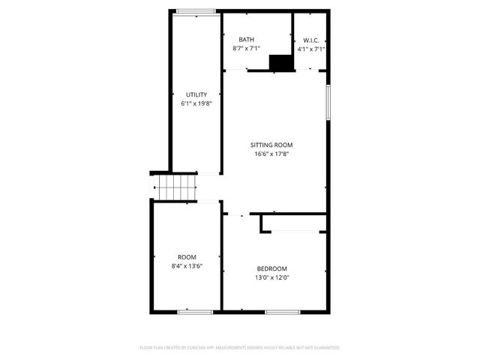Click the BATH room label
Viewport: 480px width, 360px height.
pyautogui.click(x=247, y=40)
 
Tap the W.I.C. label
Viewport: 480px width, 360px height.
pyautogui.click(x=311, y=40)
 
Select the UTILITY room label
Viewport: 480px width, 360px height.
pyautogui.click(x=196, y=94)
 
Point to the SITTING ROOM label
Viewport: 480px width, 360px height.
pyautogui.click(x=271, y=145)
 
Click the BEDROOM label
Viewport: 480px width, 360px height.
pyautogui.click(x=272, y=268)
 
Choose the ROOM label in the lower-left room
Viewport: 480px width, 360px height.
pyautogui.click(x=187, y=256)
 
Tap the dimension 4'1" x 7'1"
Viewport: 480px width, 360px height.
pyautogui.click(x=311, y=49)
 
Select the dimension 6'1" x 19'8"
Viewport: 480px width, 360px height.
pyautogui.click(x=196, y=103)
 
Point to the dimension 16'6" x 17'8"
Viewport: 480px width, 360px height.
pyautogui.click(x=271, y=154)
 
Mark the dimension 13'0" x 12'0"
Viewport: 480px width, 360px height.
pyautogui.click(x=272, y=277)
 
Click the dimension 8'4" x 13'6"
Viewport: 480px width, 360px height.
pyautogui.click(x=187, y=265)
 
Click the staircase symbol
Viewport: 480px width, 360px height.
pyautogui.click(x=175, y=186)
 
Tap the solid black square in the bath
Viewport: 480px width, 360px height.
pyautogui.click(x=281, y=63)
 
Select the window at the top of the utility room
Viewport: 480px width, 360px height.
pyautogui.click(x=196, y=10)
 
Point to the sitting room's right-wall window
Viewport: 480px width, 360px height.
pyautogui.click(x=328, y=101)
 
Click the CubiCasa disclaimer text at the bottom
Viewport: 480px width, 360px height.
pyautogui.click(x=240, y=348)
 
